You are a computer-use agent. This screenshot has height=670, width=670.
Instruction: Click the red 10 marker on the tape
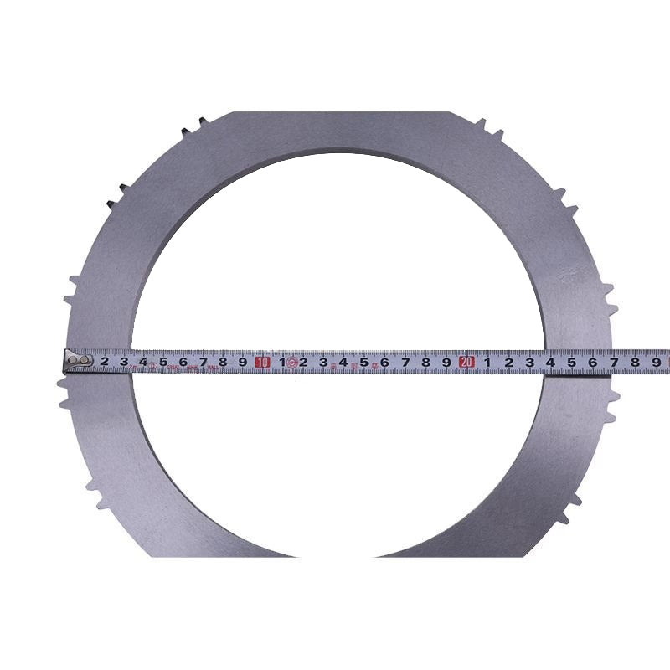click(263, 362)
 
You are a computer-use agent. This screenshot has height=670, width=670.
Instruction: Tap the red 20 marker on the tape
click(467, 362)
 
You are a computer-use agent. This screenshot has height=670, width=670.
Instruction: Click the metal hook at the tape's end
click(78, 361)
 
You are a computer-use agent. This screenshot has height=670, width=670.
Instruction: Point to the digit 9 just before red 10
click(243, 362)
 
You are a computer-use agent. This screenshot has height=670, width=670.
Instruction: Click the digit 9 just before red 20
click(446, 362)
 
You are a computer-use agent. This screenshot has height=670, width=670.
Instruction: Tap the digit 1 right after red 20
click(487, 362)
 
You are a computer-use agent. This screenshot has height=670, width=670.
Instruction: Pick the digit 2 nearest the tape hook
click(105, 362)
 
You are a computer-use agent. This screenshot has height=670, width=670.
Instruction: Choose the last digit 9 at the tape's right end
click(656, 362)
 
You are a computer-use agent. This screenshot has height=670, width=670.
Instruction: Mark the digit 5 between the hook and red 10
click(163, 362)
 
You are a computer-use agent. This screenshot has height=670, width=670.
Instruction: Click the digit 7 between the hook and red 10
click(204, 362)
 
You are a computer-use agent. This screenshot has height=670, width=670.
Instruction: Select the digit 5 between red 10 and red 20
click(364, 362)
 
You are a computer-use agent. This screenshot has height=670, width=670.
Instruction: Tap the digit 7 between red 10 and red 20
click(405, 362)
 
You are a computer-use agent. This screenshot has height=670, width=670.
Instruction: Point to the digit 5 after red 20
click(571, 362)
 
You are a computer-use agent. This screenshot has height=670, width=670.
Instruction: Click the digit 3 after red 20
click(529, 362)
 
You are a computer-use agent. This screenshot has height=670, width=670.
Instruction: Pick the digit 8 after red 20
click(635, 362)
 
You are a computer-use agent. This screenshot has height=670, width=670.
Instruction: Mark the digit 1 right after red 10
click(282, 362)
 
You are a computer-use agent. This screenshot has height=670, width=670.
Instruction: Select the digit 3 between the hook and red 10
click(125, 362)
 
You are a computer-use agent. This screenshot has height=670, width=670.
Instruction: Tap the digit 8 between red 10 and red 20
click(426, 362)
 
